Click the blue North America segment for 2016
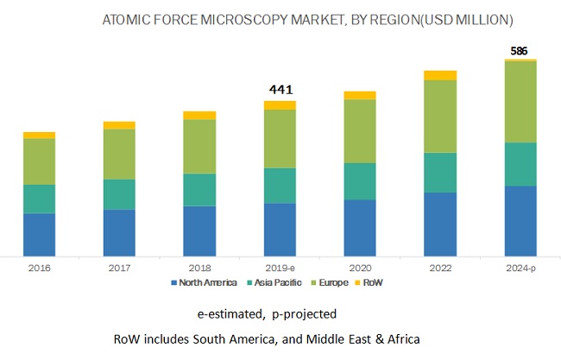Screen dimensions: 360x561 pos(39,234)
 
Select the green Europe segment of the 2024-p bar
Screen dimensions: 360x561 pos(520,102)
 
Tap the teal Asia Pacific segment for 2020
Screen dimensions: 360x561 pos(360,181)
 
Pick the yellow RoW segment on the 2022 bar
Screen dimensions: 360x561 pos(440,75)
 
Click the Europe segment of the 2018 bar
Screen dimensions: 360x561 pos(199,146)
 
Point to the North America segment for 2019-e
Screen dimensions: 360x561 pos(280,230)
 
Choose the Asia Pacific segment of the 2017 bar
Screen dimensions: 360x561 pos(119,194)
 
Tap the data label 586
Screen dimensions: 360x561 pos(520,51)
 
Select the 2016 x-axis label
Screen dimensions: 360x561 pos(39,268)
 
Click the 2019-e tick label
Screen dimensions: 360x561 pos(280,268)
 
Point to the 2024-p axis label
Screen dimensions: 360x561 pos(520,268)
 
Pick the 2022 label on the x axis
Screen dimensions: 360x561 pos(440,268)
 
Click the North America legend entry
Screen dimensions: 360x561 pos(206,283)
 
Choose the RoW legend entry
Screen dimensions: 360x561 pos(372,283)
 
